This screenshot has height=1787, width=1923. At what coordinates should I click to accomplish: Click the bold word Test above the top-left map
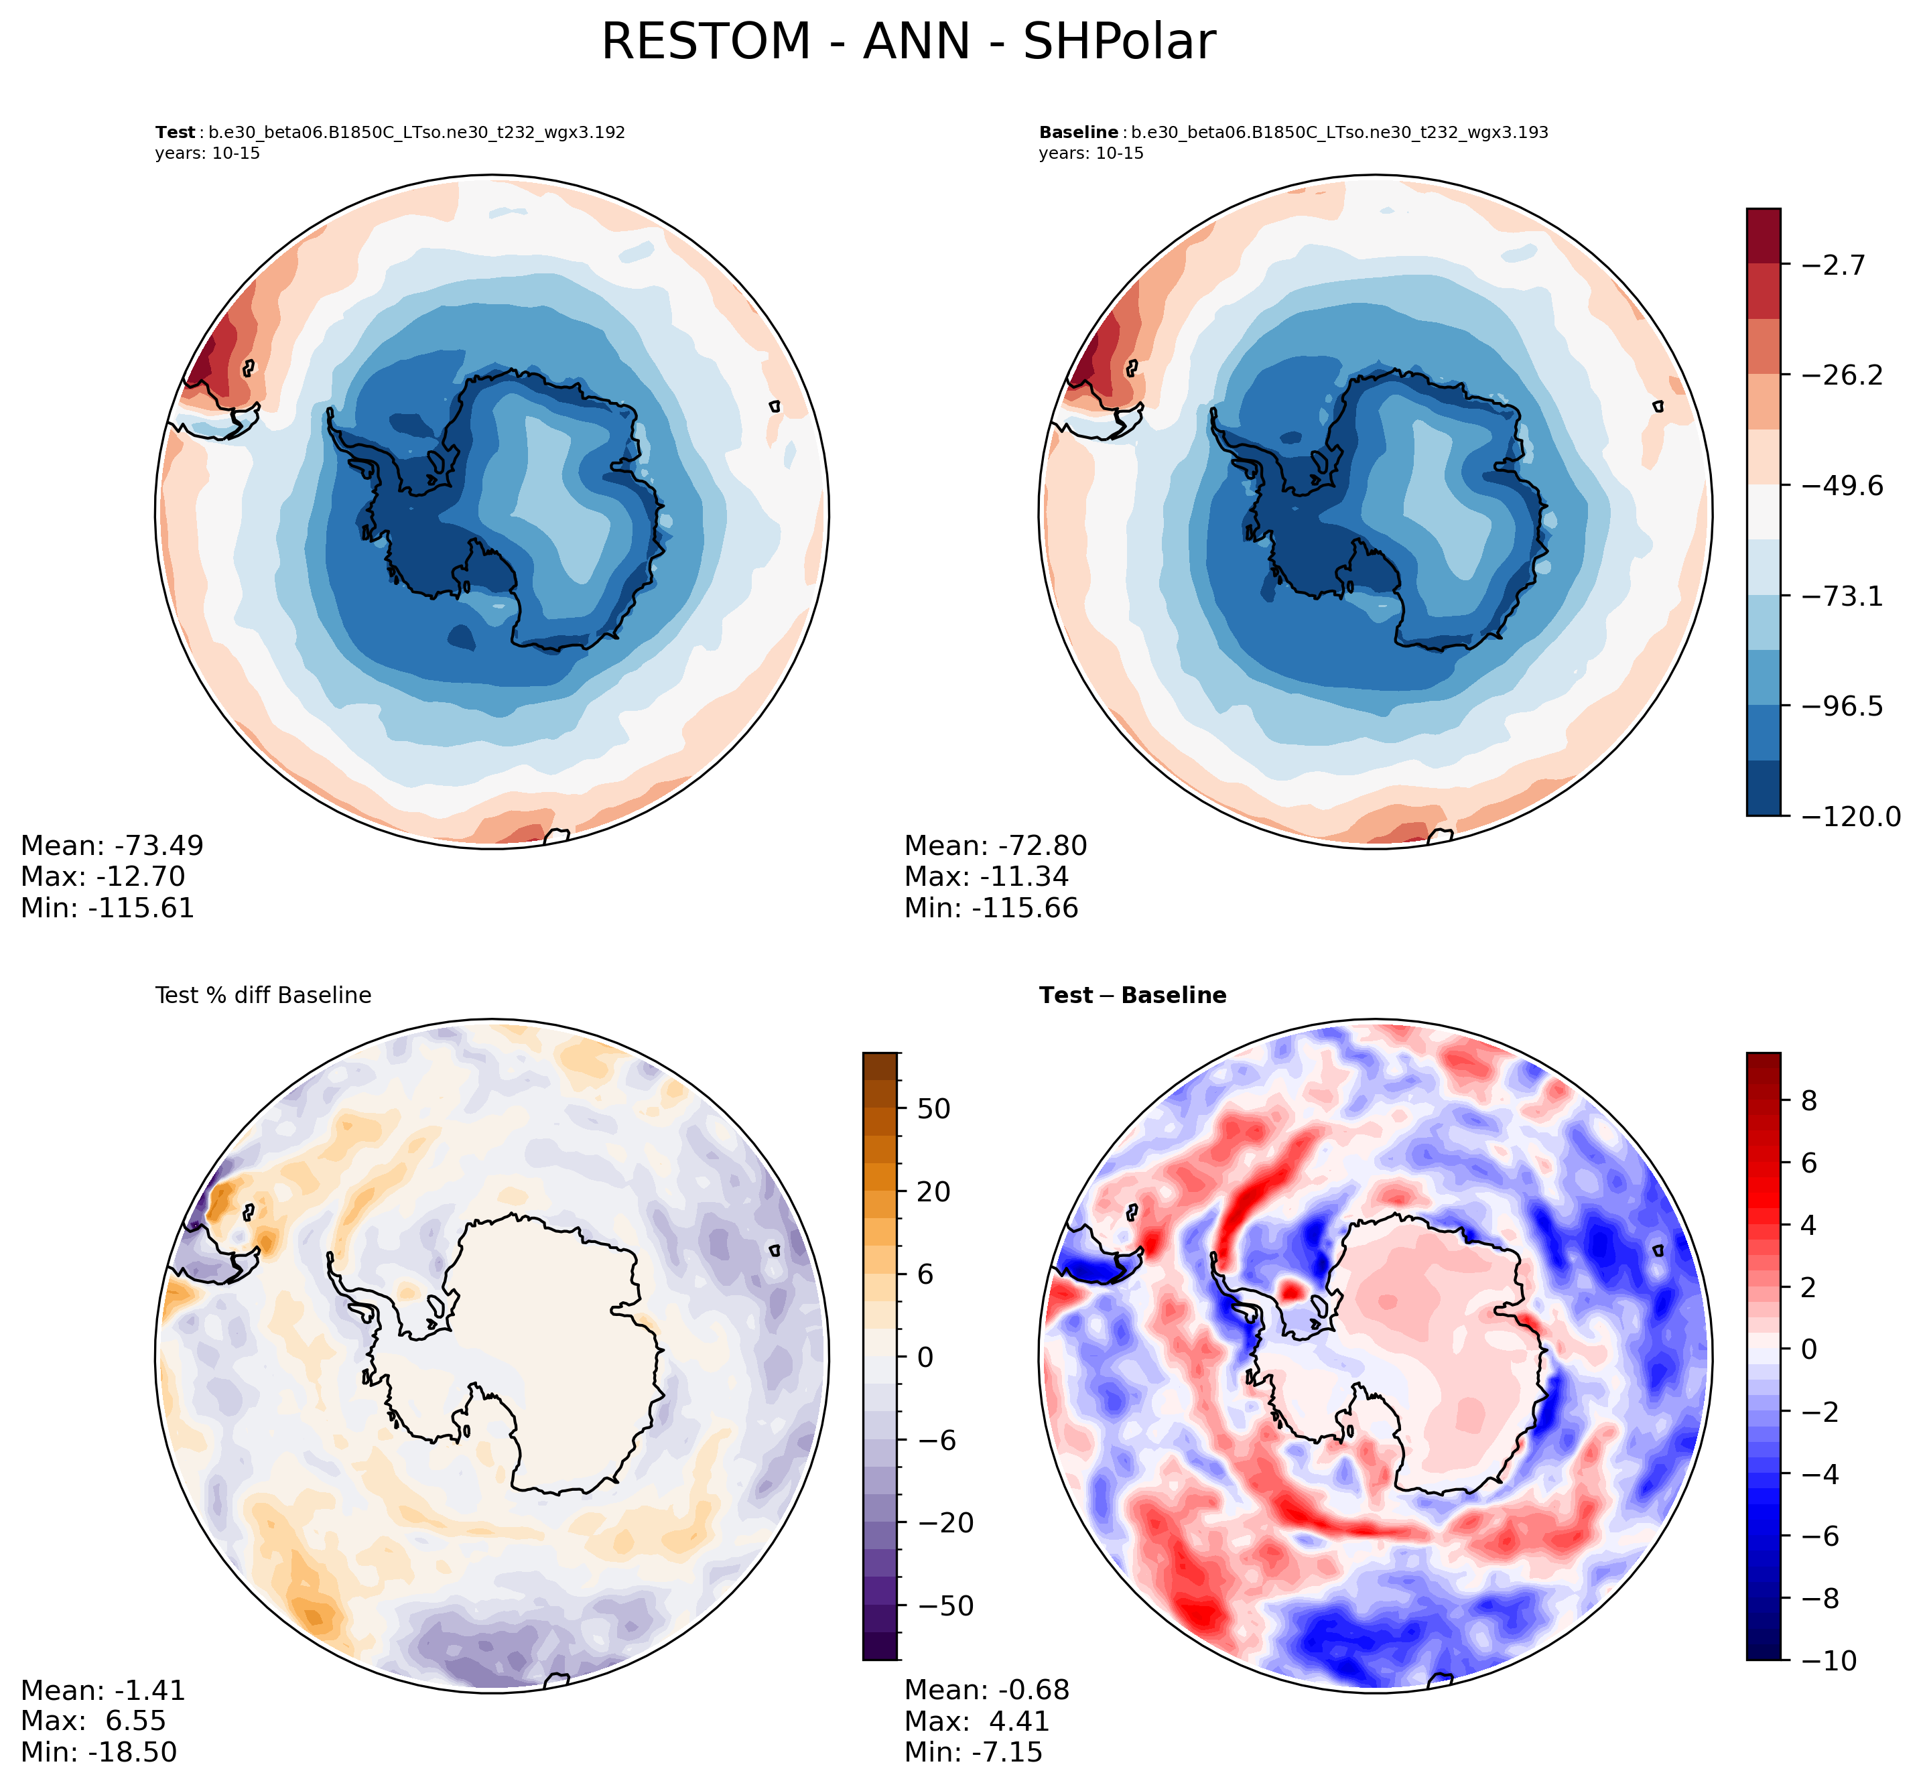click(174, 133)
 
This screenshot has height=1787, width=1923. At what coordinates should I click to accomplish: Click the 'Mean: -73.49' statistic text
click(112, 845)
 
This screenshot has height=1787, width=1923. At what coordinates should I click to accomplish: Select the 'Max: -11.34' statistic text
click(986, 876)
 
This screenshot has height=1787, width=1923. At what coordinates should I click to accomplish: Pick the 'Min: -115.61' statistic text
click(107, 907)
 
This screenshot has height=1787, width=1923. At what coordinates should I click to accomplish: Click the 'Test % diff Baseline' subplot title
click(263, 995)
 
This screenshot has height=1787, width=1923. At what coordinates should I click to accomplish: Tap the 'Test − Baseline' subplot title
click(1132, 995)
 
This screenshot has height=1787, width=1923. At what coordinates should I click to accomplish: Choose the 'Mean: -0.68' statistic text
click(986, 1689)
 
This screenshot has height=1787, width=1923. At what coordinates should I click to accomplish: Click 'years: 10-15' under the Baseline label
click(1091, 153)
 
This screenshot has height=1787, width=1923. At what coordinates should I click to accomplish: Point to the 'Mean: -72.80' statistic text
click(996, 845)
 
